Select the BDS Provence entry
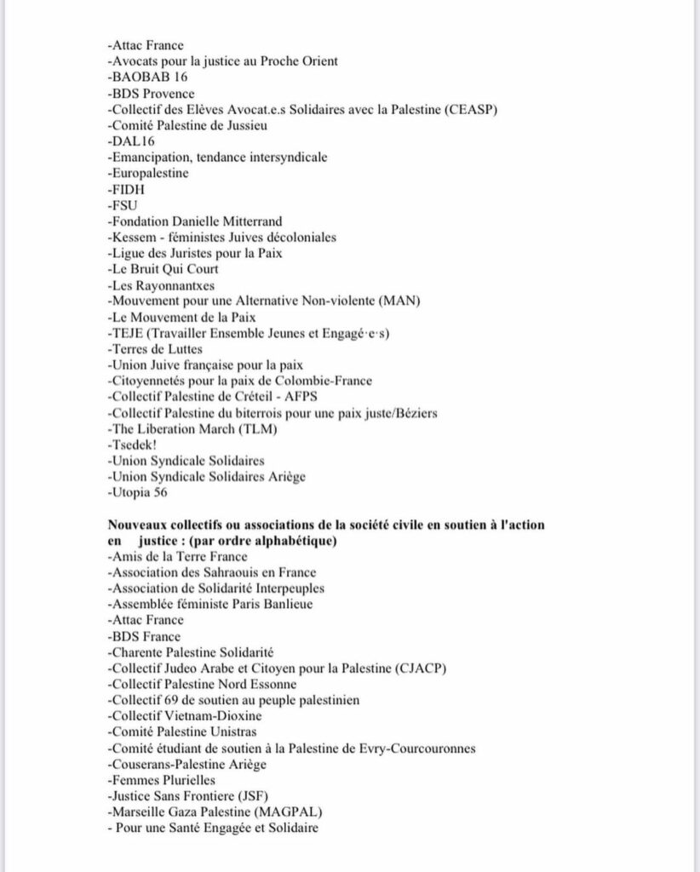[151, 93]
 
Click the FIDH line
[126, 189]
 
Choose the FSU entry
[123, 205]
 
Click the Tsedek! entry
[134, 445]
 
